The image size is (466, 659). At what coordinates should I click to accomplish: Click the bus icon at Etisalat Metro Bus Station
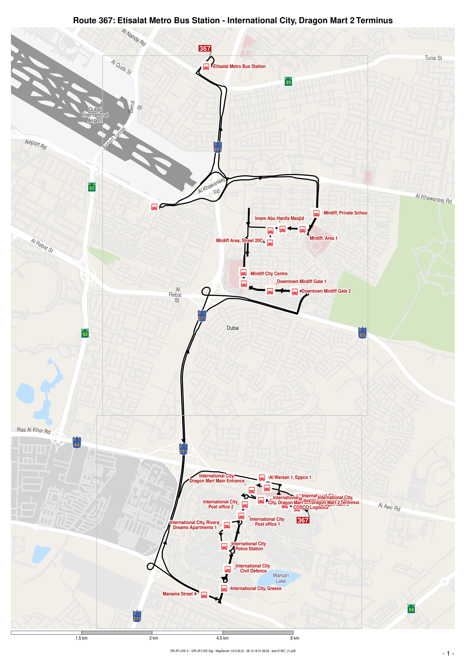point(206,67)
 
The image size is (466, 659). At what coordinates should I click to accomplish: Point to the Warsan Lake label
point(281,578)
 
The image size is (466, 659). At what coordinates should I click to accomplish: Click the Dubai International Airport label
point(95,115)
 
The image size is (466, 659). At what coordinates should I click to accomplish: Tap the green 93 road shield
point(288,81)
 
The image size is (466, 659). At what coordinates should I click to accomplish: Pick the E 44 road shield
point(77,442)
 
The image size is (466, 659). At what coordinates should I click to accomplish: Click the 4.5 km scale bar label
point(222,638)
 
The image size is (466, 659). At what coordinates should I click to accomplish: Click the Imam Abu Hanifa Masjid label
point(279,218)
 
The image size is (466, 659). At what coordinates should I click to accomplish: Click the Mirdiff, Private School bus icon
point(316,213)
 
